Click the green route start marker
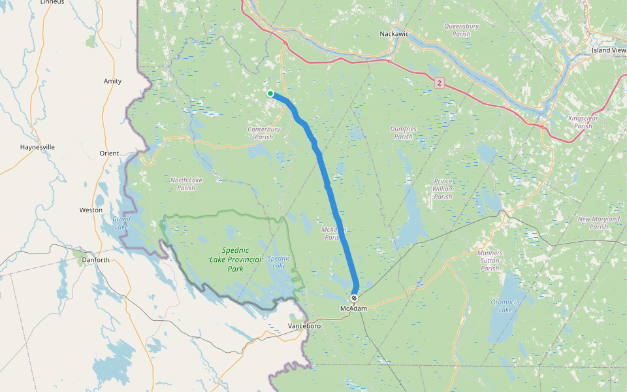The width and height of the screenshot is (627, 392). pyautogui.click(x=270, y=93)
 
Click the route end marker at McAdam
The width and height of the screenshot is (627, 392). pyautogui.click(x=354, y=298)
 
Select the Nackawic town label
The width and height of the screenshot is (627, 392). pyautogui.click(x=394, y=33)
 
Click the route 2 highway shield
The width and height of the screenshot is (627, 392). pyautogui.click(x=440, y=82)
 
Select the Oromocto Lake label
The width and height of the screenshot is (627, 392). pyautogui.click(x=505, y=305)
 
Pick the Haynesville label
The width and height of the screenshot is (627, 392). pyautogui.click(x=37, y=147)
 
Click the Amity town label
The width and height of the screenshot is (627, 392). pyautogui.click(x=112, y=81)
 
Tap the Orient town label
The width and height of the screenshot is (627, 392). pyautogui.click(x=109, y=154)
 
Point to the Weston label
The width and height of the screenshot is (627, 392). pyautogui.click(x=91, y=210)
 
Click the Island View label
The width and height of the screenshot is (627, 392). pyautogui.click(x=609, y=50)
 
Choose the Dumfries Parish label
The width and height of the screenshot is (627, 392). pyautogui.click(x=403, y=133)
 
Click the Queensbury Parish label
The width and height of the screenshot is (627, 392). pyautogui.click(x=461, y=30)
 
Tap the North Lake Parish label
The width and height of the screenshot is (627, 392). pyautogui.click(x=186, y=184)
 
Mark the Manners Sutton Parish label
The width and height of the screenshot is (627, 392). pyautogui.click(x=490, y=261)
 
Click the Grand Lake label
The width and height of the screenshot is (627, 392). pyautogui.click(x=121, y=223)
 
